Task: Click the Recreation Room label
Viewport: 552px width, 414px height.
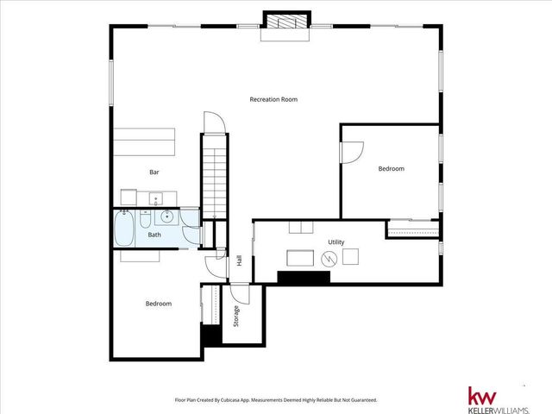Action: tap(273, 99)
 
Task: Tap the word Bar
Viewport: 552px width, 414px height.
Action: tap(154, 172)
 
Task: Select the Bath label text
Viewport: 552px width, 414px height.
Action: tap(154, 235)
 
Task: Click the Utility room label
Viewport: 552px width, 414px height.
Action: tap(336, 242)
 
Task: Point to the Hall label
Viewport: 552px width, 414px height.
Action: tap(239, 260)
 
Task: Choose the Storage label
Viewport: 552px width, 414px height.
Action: tap(236, 317)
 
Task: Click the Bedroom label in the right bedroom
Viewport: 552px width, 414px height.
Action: tap(391, 169)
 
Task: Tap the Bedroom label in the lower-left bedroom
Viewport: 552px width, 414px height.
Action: tap(158, 304)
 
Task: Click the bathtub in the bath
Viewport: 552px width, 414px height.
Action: tap(124, 229)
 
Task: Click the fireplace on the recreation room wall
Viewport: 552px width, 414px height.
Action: tap(284, 24)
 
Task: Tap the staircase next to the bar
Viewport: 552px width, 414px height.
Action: tap(212, 177)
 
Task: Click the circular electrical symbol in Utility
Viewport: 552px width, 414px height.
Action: tap(328, 258)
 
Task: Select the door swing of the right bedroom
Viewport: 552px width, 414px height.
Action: tap(351, 152)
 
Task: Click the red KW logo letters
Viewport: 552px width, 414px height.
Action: tap(482, 396)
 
